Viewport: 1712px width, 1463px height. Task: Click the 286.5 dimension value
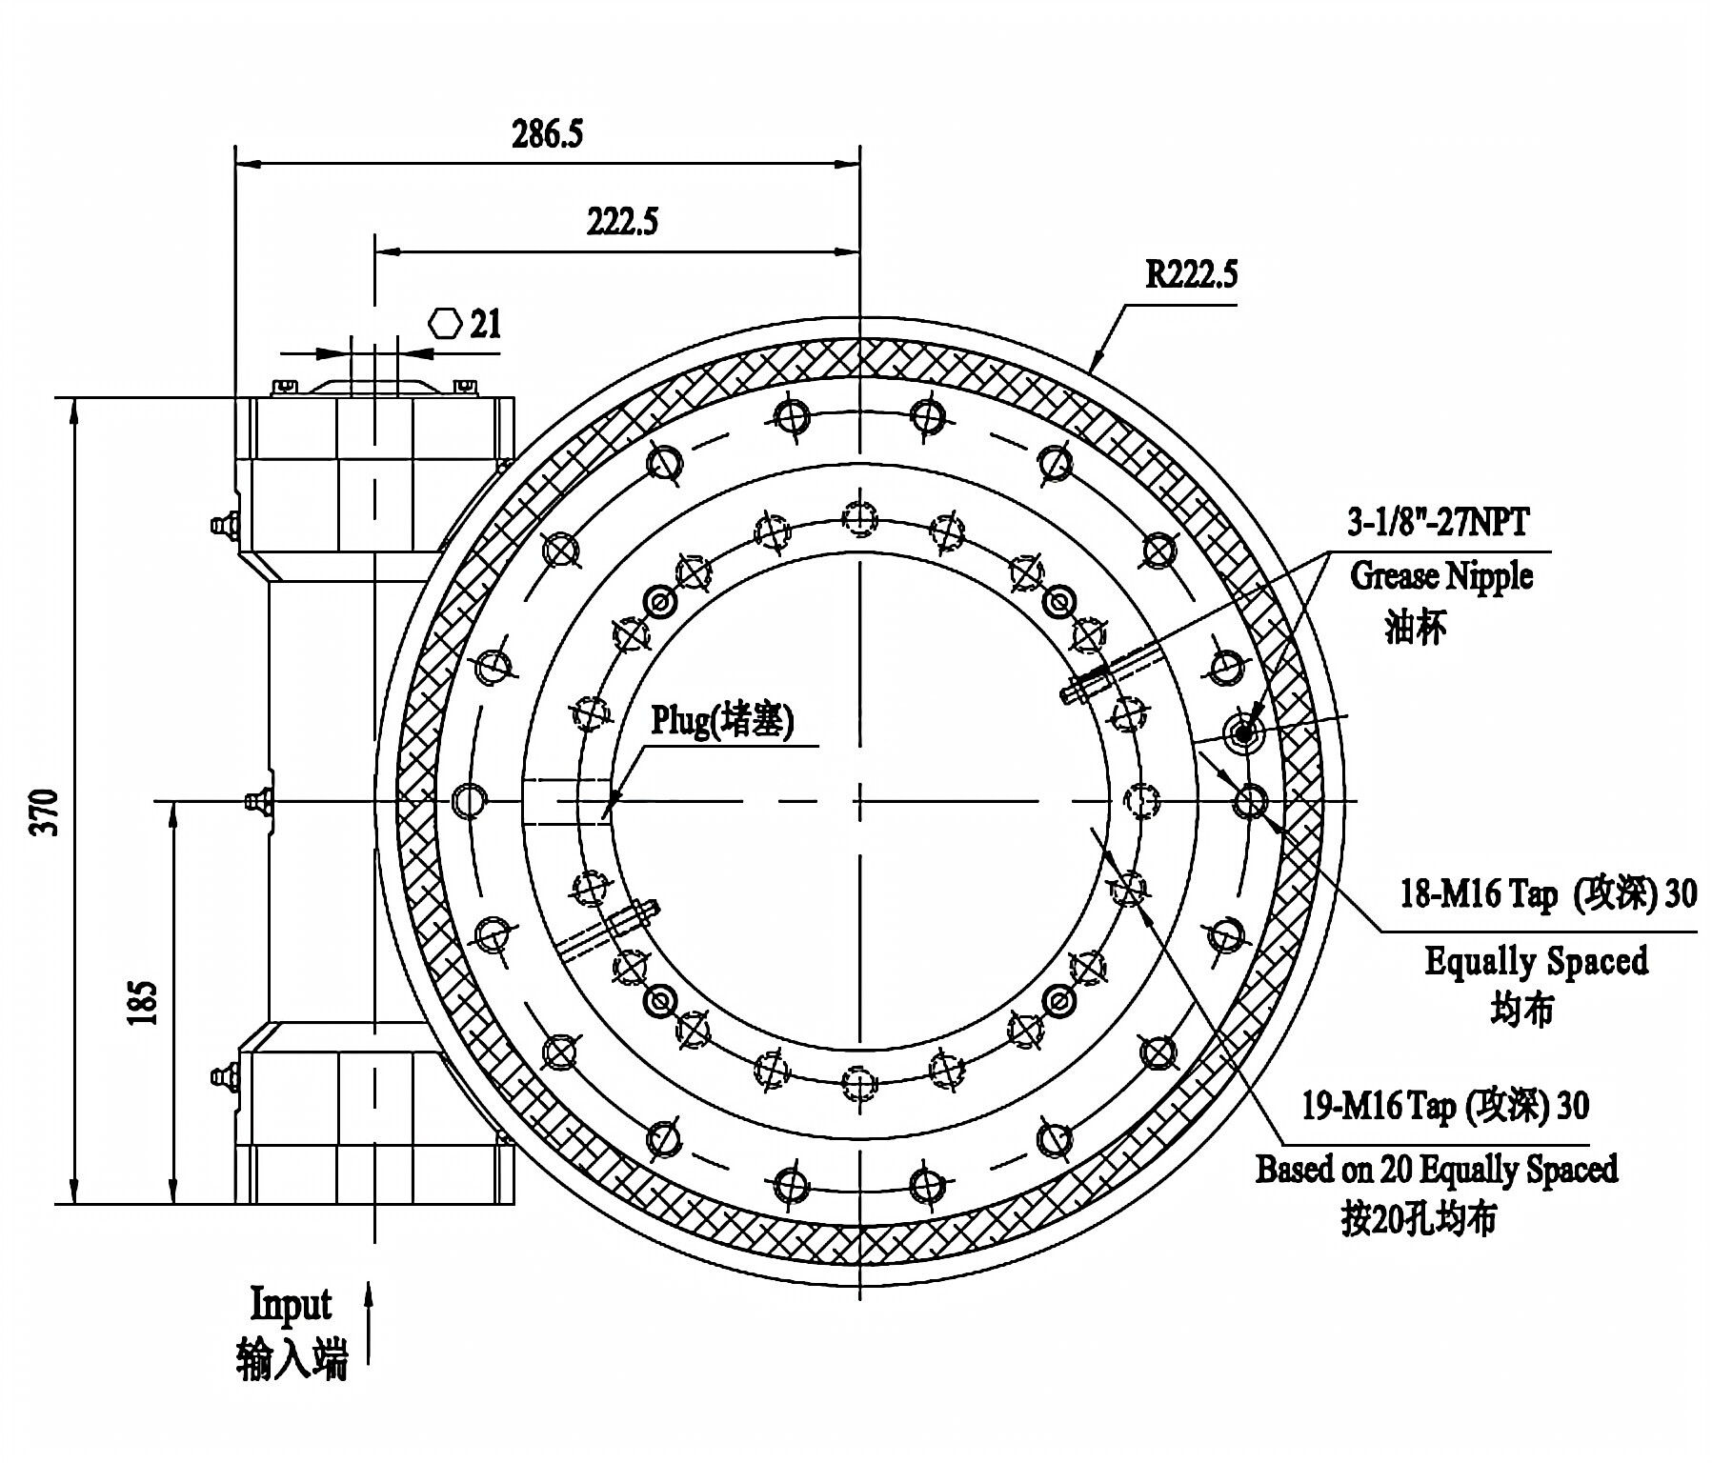547,135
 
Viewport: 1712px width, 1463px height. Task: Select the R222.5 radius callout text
1191,276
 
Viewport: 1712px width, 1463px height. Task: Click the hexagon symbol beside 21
445,324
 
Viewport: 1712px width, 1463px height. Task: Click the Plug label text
721,721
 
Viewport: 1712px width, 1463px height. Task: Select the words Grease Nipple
1441,576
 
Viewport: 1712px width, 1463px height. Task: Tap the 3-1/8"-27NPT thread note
1438,523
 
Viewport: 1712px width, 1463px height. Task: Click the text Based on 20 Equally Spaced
1436,1169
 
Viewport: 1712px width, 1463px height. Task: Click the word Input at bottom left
291,1304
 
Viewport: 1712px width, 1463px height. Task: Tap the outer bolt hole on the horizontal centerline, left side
468,801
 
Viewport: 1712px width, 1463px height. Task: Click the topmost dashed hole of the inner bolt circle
859,517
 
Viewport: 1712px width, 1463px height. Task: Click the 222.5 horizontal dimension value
621,223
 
